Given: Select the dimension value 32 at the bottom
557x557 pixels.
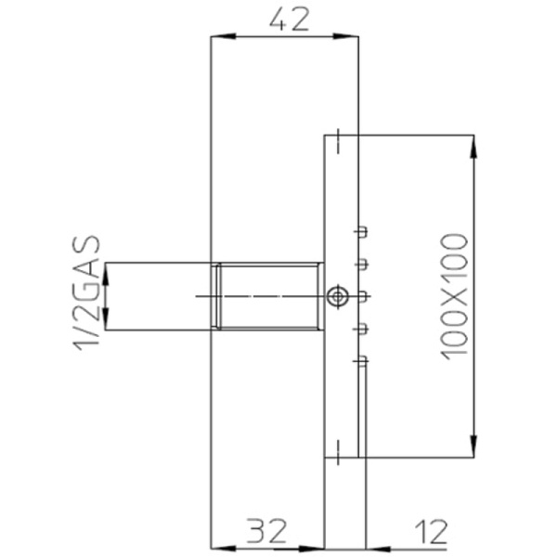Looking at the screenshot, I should [266, 532].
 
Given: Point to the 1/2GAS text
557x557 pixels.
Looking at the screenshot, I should [86, 295].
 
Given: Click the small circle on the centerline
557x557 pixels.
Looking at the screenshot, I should [338, 296].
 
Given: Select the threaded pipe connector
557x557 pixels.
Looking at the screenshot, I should [267, 296].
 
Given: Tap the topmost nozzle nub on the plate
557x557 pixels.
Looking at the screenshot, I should [364, 232].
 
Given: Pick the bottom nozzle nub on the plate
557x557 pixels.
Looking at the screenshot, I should [364, 359].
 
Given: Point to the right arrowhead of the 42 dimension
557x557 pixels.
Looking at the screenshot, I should [351, 37].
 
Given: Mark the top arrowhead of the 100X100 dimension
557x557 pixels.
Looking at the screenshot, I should [475, 143].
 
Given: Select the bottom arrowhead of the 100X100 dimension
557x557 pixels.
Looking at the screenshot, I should [475, 450].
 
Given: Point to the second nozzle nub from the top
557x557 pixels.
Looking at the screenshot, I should [364, 265].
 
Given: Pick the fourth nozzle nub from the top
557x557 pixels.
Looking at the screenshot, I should [364, 328].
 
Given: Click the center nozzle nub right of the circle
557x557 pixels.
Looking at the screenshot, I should [364, 296].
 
